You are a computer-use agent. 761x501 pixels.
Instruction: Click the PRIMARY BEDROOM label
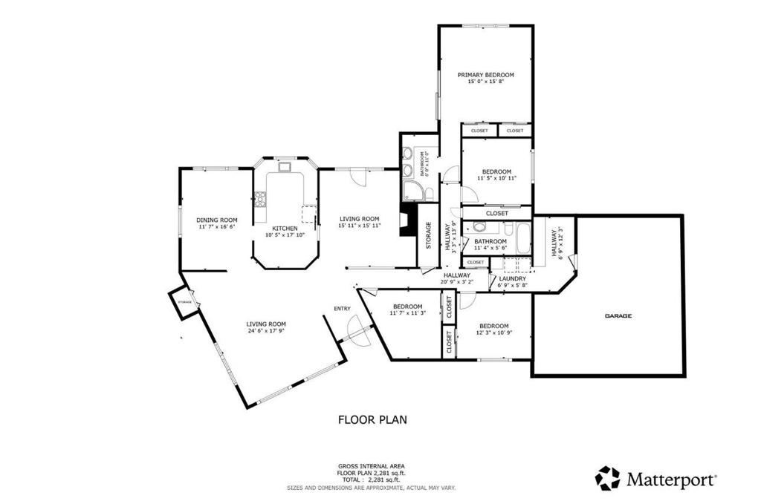pyautogui.click(x=485, y=75)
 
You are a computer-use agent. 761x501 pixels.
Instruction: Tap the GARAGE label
pyautogui.click(x=618, y=315)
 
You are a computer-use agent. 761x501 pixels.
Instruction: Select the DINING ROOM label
pyautogui.click(x=216, y=220)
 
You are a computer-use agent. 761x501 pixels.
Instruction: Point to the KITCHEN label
pyautogui.click(x=285, y=228)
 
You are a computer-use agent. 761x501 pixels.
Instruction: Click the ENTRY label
pyautogui.click(x=342, y=309)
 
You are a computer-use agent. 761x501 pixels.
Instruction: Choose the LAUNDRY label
pyautogui.click(x=512, y=278)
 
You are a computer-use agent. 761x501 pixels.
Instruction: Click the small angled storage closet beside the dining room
pyautogui.click(x=184, y=303)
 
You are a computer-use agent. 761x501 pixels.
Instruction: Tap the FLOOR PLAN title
pyautogui.click(x=372, y=419)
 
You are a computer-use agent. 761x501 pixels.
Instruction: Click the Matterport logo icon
pyautogui.click(x=607, y=479)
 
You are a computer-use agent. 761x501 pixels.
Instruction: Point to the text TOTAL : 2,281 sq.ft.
pyautogui.click(x=372, y=480)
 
